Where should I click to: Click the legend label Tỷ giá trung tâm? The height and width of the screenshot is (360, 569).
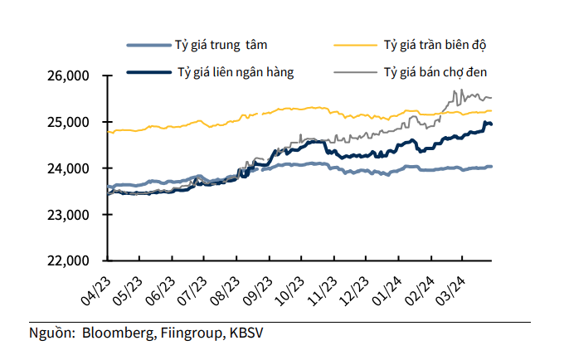pos(221,42)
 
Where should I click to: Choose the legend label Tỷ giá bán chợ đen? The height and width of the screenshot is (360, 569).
pos(435,71)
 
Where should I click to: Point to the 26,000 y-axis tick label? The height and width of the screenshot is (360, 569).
pos(71,76)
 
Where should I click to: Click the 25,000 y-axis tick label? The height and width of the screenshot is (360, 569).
pos(71,122)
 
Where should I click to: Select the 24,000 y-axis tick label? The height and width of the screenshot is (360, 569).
pos(71,168)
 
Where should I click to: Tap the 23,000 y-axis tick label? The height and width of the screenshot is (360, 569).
pos(71,214)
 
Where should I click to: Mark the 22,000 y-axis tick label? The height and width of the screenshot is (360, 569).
pos(71,260)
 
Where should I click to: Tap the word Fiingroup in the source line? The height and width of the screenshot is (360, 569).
pos(187,333)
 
